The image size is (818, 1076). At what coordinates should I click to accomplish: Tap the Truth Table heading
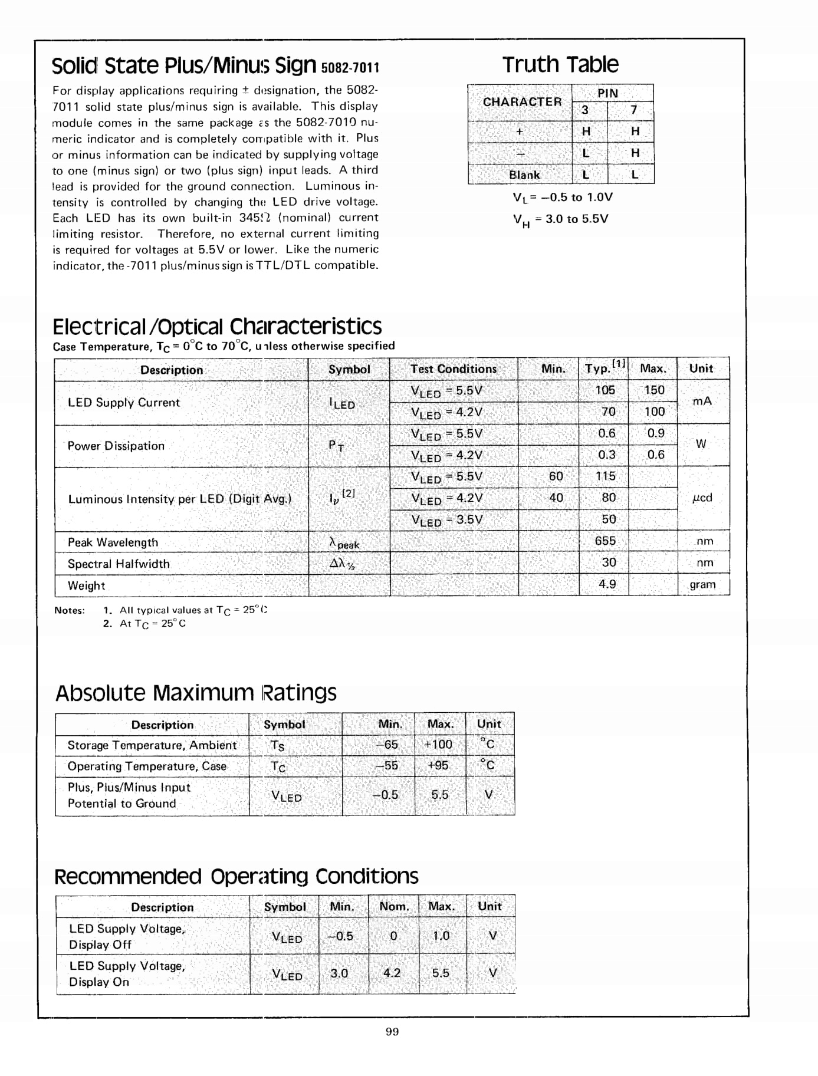tap(560, 64)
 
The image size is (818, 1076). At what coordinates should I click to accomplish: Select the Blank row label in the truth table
tap(524, 175)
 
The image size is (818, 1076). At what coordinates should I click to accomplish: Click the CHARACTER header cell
tap(522, 102)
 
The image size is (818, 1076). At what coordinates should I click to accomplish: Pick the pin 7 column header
tap(633, 110)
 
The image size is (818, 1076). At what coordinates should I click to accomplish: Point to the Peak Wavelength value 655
tap(605, 541)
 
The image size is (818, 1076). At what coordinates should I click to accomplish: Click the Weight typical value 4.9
tap(607, 584)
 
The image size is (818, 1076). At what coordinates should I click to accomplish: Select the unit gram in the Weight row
tap(702, 585)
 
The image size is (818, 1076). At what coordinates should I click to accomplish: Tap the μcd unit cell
tap(702, 498)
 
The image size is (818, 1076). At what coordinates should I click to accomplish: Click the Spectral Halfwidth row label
tap(119, 564)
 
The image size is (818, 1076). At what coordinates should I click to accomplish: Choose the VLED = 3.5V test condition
tap(446, 520)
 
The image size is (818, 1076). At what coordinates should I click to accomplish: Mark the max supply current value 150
tap(654, 390)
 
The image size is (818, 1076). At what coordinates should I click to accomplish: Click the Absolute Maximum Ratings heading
tap(196, 693)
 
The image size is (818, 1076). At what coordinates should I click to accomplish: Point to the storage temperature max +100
tap(438, 745)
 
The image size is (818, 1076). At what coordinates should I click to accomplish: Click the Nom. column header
tap(394, 906)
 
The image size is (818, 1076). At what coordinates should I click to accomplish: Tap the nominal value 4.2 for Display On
tap(392, 973)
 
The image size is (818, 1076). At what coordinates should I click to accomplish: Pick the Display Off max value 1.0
tap(441, 936)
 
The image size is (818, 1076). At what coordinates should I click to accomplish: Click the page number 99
tap(392, 1031)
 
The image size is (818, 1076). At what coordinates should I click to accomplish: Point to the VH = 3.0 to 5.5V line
tap(560, 219)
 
